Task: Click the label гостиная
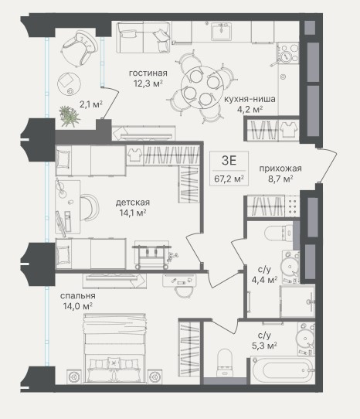coord(148,73)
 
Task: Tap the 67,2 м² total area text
coord(229,179)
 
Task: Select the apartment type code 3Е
coord(229,161)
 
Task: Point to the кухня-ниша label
coord(250,99)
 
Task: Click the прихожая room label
coord(280,169)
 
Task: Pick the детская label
coord(133,203)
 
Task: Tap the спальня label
coord(78,296)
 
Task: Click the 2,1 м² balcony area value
coord(91,104)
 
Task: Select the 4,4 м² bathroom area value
coord(264,280)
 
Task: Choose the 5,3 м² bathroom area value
coord(264,346)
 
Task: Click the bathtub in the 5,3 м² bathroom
coord(282,370)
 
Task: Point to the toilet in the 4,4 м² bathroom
coord(278,233)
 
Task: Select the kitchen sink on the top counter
coord(222,32)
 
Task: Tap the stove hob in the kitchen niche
coord(288,53)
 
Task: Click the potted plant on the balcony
coord(70,116)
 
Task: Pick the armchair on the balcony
coord(80,49)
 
